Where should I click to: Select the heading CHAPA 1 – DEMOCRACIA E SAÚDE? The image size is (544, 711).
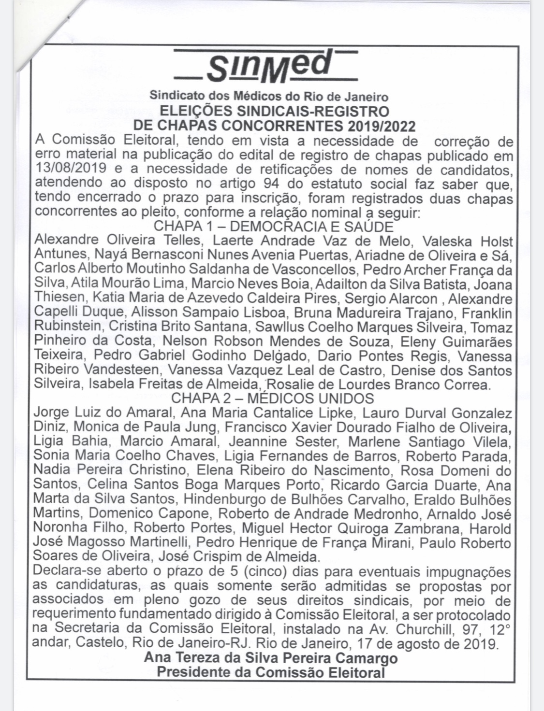click(x=273, y=227)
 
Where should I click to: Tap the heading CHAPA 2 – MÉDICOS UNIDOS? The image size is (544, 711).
click(x=273, y=398)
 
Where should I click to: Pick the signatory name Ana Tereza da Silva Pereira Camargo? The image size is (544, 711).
click(x=271, y=658)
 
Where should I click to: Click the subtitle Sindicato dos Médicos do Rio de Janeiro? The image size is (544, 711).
click(x=269, y=96)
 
